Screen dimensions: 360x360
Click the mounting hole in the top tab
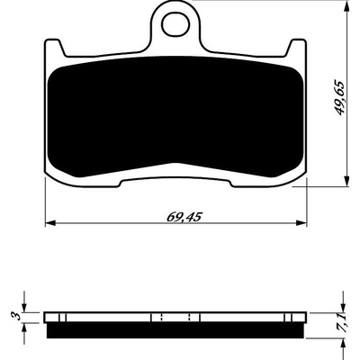[x=175, y=24]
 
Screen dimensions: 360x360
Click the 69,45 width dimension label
[x=184, y=217]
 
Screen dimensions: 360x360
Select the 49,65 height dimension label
[x=340, y=98]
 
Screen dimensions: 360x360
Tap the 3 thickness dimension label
[x=18, y=316]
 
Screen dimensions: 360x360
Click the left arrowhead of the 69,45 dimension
[x=50, y=223]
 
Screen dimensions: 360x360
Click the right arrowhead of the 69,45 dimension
[x=301, y=223]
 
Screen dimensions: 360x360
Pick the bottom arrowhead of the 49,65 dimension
[x=347, y=181]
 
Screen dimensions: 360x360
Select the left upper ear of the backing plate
[x=55, y=47]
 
